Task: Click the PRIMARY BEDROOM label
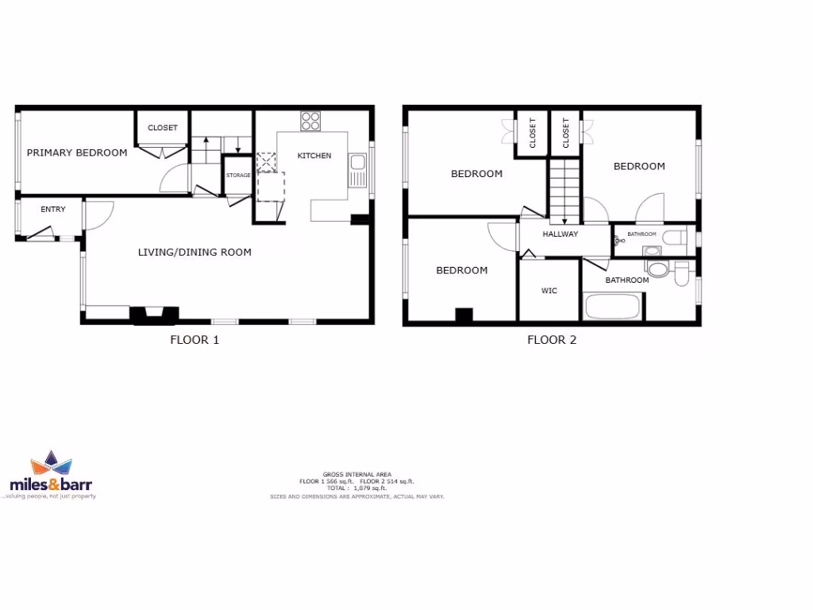coord(77,152)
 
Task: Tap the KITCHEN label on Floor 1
coord(314,156)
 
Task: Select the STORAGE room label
coord(238,176)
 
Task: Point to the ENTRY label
coord(53,210)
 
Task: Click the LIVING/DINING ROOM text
coord(195,253)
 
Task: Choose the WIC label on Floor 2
coord(549,291)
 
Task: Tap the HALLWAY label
coord(561,234)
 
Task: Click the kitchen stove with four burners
coord(310,122)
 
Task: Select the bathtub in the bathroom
coord(612,307)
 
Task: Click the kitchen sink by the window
coord(358,167)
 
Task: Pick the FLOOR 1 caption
coord(195,340)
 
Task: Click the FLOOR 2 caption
coord(552,340)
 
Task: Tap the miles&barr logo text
coord(52,484)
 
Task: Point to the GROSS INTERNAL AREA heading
coord(356,474)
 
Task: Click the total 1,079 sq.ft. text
coord(356,488)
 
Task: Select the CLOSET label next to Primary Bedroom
coord(163,128)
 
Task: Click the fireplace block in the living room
coord(154,316)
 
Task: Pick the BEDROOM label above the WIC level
coord(476,174)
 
